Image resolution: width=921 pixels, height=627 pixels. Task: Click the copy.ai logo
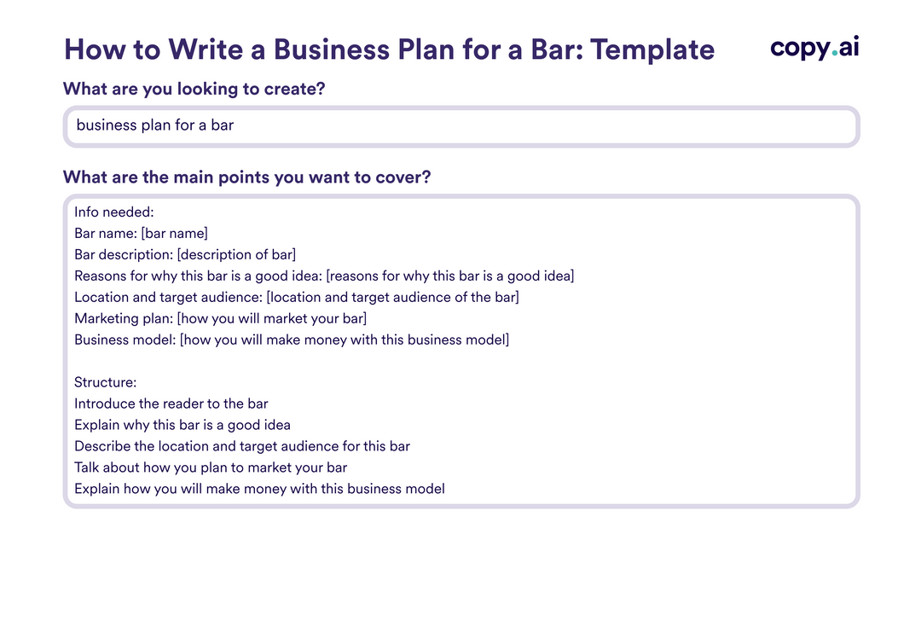point(814,48)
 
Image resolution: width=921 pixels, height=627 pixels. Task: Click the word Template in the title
point(652,49)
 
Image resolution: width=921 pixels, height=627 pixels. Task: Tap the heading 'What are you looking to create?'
point(194,89)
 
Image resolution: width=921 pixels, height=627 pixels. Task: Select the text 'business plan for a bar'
point(155,125)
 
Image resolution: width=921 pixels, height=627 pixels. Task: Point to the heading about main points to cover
point(247,177)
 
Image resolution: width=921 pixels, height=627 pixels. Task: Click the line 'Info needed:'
point(113,212)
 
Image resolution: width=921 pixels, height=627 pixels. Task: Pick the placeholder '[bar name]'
point(175,234)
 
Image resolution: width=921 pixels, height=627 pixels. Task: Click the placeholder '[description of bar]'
point(236,255)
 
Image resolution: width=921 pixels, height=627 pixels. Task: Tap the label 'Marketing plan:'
point(124,319)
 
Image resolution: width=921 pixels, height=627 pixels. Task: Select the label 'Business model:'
point(125,340)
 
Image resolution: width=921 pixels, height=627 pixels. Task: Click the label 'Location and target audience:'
point(168,298)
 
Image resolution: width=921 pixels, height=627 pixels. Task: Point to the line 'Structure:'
point(106,383)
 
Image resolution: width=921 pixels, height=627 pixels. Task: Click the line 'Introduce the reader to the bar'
point(171,404)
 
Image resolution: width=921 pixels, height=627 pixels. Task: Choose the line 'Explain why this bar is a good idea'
point(182,426)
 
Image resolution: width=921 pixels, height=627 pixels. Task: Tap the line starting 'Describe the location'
point(242,447)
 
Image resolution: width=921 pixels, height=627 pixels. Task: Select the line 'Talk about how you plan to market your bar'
point(211,468)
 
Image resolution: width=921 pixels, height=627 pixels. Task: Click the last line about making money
point(259,490)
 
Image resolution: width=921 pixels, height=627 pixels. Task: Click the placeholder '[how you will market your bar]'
point(272,319)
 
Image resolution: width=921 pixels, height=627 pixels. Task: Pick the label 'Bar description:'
point(124,255)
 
